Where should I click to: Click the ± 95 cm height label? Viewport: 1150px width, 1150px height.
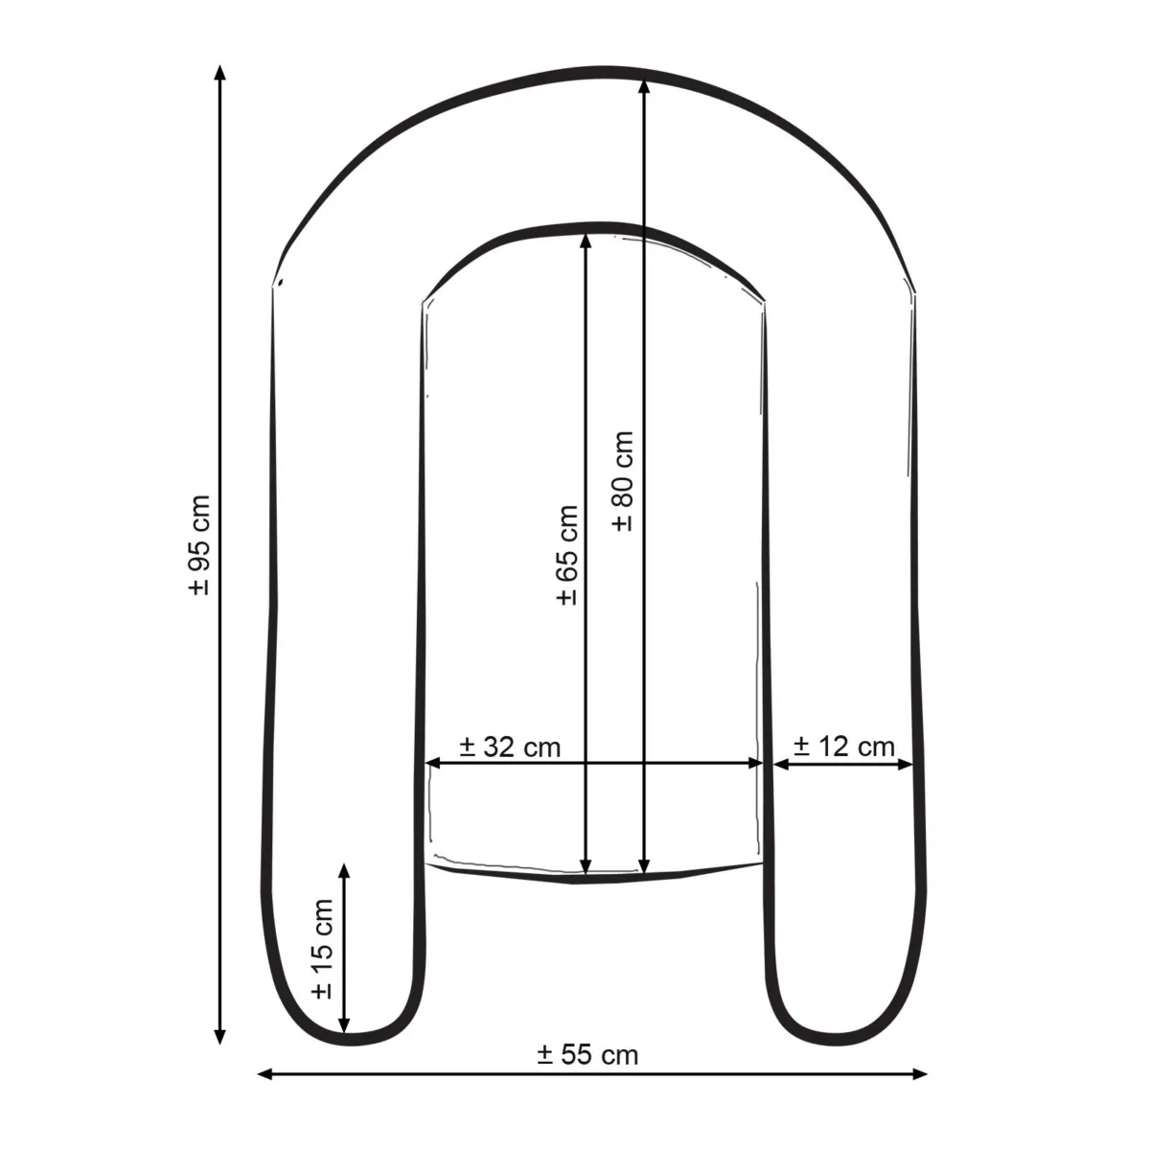pyautogui.click(x=200, y=545)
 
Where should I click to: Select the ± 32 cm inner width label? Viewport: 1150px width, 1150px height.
pyautogui.click(x=510, y=747)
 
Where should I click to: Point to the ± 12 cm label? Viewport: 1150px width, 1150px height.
pyautogui.click(x=844, y=747)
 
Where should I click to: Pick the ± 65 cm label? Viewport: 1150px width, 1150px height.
pyautogui.click(x=567, y=555)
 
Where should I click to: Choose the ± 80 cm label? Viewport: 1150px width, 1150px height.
pyautogui.click(x=623, y=480)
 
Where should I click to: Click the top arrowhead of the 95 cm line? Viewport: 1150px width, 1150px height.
pyautogui.click(x=220, y=72)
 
